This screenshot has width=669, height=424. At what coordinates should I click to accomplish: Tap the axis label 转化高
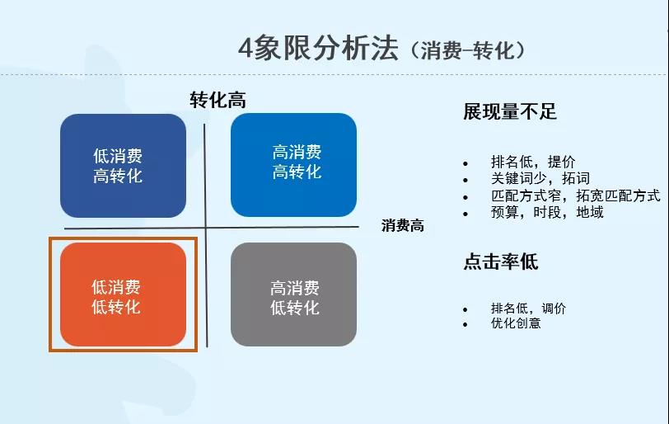coord(218,100)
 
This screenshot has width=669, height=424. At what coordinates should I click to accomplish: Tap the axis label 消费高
coord(403,225)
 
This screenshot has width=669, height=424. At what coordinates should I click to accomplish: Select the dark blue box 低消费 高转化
coord(123,166)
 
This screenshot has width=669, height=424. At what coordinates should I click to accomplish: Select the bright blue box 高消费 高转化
coord(293,164)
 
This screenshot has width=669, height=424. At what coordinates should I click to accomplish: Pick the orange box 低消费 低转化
coord(123,295)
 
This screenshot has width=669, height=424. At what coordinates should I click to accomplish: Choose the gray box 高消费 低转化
coord(293,295)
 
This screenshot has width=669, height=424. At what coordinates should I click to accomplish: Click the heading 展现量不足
coord(510,112)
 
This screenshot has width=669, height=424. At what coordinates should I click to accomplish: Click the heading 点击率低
coord(500,262)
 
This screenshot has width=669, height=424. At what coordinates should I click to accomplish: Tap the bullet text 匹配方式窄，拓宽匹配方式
coord(574,196)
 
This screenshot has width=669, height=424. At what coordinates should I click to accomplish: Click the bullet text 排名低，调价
coord(528,309)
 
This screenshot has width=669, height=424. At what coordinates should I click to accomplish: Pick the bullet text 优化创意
coord(516,323)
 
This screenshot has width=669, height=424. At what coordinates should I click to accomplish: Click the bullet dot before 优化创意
coord(465,324)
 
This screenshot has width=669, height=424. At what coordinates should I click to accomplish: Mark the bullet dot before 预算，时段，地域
coord(465,213)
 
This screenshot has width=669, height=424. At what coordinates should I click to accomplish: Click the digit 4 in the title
coord(246,48)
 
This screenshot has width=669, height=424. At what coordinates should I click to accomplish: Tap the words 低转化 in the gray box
coord(295,308)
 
